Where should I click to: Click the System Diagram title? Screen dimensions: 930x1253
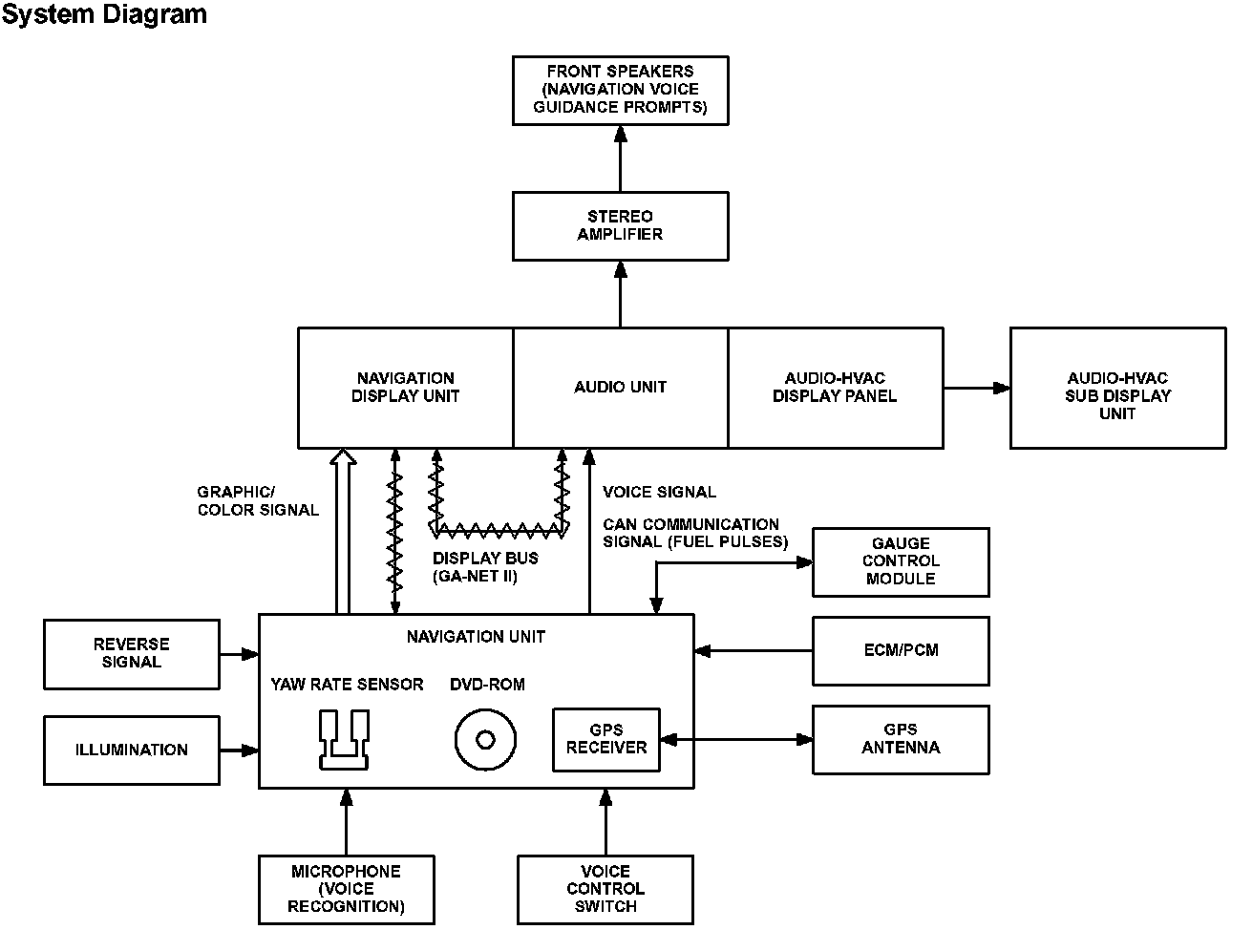coord(104,14)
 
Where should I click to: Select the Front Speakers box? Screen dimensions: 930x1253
coord(620,90)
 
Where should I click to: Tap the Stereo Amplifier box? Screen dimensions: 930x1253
coord(620,225)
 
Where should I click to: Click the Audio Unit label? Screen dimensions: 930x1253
coord(620,387)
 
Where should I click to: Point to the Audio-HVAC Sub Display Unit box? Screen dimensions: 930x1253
coord(1116,388)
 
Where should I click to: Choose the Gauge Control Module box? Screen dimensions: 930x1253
coord(900,561)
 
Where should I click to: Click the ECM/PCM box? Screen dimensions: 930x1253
coord(900,650)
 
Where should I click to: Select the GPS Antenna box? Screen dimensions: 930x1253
coord(900,739)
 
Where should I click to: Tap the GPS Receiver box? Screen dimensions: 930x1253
coord(606,739)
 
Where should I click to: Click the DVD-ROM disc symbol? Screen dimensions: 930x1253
coord(485,740)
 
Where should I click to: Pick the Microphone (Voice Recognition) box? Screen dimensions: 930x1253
coord(346,889)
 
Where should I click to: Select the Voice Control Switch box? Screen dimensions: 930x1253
coord(605,889)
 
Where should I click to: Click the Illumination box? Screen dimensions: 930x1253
coord(132,750)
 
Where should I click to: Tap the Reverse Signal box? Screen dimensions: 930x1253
coord(132,653)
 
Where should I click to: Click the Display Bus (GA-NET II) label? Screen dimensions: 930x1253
coord(485,567)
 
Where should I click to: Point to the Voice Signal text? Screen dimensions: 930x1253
coord(659,492)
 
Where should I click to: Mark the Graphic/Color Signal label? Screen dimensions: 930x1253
coord(258,501)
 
